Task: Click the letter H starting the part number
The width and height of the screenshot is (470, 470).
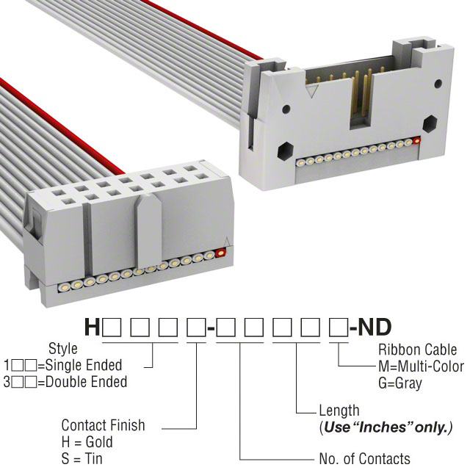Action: tap(92, 327)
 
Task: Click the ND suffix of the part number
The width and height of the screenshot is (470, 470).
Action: tap(375, 327)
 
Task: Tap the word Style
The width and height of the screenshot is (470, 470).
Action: tap(63, 349)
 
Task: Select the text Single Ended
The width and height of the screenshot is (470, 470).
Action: tap(84, 365)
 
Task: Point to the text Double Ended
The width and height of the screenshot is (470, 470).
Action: tap(87, 382)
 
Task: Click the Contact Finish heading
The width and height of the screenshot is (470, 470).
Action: tap(103, 425)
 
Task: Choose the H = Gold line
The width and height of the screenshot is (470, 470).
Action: tap(87, 442)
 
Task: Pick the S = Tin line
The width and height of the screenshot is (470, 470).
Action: tap(82, 458)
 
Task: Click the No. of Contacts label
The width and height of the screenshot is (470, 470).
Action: tap(365, 458)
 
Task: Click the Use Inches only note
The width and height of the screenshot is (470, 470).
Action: tap(386, 427)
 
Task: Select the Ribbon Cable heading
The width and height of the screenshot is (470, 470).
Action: tap(418, 350)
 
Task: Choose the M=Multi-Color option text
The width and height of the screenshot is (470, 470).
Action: tap(421, 366)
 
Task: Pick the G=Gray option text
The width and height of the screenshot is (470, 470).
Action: tap(400, 383)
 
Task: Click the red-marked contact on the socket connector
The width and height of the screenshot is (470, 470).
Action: tap(220, 253)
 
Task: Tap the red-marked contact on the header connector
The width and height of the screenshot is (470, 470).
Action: tap(416, 140)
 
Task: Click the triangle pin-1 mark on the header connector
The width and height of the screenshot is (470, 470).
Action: tap(313, 92)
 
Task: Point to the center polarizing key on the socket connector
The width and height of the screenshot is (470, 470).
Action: tap(148, 231)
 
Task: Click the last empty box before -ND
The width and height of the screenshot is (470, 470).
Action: tap(339, 328)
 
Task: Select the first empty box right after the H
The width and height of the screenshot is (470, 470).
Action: tap(112, 328)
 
